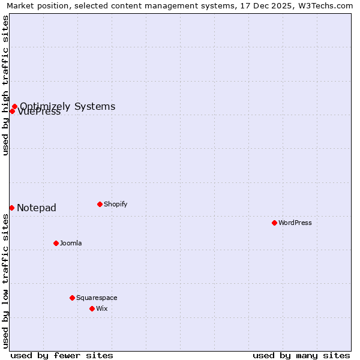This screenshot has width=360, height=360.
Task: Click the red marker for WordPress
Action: point(274,223)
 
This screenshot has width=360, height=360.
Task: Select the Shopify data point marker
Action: point(100,204)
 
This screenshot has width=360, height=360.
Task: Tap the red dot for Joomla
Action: point(56,243)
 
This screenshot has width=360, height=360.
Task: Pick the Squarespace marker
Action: point(72,298)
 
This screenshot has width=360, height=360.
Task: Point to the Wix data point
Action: point(92,308)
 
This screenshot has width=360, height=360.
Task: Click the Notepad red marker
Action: point(11,208)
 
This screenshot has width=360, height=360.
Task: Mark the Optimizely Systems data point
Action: point(14,107)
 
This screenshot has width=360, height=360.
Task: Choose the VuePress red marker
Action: point(11,111)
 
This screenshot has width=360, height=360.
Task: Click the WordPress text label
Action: point(295,223)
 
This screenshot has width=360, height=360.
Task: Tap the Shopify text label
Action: point(116,204)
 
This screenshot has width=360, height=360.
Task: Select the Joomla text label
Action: point(71,243)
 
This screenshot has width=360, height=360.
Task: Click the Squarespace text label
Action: point(97,298)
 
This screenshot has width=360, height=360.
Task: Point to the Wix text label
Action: point(102,308)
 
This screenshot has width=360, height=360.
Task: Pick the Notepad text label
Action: point(37,208)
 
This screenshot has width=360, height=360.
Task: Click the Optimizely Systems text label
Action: point(68,106)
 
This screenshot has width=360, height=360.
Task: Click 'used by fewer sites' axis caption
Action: point(62,355)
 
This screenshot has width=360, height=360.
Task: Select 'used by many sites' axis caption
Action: point(301,355)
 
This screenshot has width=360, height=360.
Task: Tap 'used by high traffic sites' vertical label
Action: point(5,85)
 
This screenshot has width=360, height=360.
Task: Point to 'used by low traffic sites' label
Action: point(5,281)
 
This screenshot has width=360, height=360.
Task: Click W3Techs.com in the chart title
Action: point(329,5)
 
